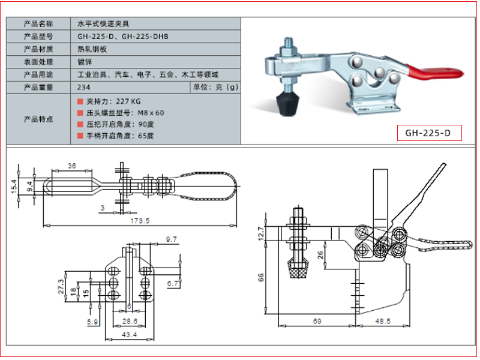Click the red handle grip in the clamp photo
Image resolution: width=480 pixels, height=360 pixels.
pos(434,72)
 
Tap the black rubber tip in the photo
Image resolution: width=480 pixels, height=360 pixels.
pos(288,104)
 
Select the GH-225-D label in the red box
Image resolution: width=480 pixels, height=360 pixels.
pos(428,133)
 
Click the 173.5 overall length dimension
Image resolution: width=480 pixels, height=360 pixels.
pos(140,220)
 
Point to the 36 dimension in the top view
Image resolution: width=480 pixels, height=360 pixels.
pos(71,166)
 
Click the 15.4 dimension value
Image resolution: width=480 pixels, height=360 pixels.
pos(14,186)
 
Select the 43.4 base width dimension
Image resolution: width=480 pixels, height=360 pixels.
pos(129,335)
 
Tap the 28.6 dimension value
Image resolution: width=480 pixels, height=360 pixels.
pos(130,321)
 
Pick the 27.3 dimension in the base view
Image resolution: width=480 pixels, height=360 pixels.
pos(61,287)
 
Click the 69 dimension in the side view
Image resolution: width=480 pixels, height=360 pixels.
pos(317,321)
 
